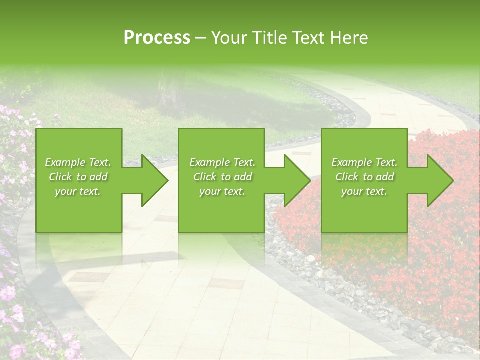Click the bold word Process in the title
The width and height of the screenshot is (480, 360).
pyautogui.click(x=157, y=38)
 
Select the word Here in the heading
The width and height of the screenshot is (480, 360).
pyautogui.click(x=349, y=38)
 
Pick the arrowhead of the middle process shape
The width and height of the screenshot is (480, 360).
pyautogui.click(x=296, y=180)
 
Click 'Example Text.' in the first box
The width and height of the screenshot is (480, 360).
pyautogui.click(x=78, y=162)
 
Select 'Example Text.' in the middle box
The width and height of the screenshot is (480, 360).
pyautogui.click(x=222, y=162)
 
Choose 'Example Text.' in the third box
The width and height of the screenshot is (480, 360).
pyautogui.click(x=364, y=162)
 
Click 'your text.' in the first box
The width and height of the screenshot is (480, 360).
pyautogui.click(x=78, y=191)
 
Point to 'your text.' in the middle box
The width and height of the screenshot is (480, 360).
pyautogui.click(x=222, y=191)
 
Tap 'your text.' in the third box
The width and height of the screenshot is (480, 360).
pyautogui.click(x=364, y=191)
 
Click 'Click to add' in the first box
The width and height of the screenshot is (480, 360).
pyautogui.click(x=78, y=177)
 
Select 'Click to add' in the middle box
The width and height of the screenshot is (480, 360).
pyautogui.click(x=222, y=177)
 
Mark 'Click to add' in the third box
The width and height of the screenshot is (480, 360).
pyautogui.click(x=364, y=177)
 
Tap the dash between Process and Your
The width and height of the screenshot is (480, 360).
pyautogui.click(x=201, y=38)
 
